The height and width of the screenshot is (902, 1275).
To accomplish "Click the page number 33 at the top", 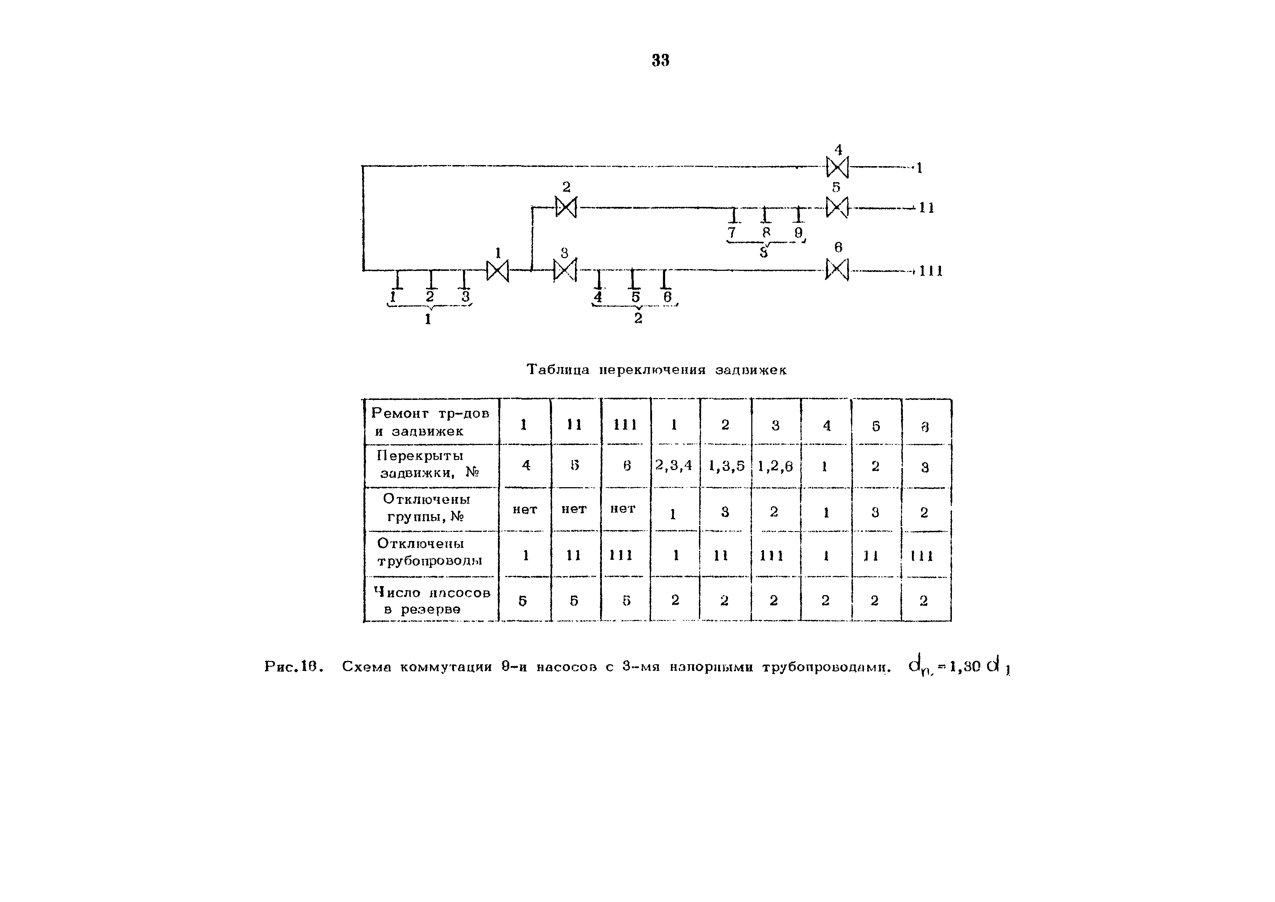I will click(660, 60).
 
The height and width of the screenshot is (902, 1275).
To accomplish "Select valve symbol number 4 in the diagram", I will click(837, 167).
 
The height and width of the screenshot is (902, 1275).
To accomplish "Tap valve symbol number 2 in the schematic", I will click(566, 208).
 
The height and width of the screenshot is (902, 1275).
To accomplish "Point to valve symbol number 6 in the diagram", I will click(837, 270).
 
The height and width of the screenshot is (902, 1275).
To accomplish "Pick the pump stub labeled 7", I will click(733, 216).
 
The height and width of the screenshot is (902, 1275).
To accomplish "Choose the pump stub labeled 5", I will click(634, 279).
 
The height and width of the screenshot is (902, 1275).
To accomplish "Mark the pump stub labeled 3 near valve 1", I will click(465, 279).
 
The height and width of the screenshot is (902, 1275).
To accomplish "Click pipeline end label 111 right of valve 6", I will click(931, 271).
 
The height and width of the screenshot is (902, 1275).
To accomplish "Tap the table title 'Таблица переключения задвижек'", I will click(656, 370).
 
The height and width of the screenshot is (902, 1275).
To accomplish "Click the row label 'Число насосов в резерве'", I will click(431, 600).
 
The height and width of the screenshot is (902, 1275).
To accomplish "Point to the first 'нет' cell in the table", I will click(525, 509).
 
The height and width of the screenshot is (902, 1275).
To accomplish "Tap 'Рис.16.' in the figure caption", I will click(294, 666).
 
